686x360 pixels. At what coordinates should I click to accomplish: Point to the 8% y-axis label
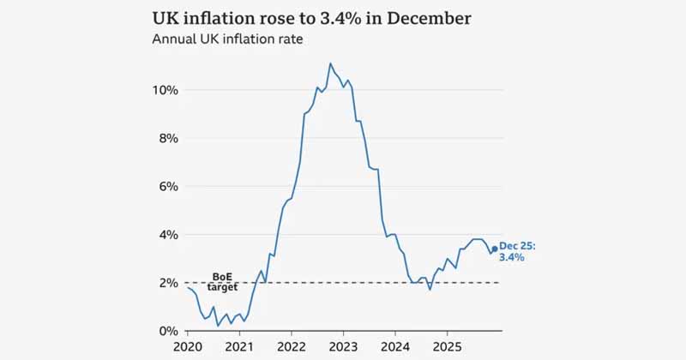pos(167,138)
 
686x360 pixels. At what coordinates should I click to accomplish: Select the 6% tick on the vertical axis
pos(167,186)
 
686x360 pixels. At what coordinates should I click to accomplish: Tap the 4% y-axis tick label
pos(167,234)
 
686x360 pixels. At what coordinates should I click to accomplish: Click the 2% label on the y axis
pos(167,282)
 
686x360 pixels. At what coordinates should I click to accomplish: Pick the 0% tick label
pos(167,331)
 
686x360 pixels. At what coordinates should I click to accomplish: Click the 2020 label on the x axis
pos(188,348)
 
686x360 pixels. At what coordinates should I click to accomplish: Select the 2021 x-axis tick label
pos(239,348)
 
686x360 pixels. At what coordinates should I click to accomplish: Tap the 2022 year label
pos(292,348)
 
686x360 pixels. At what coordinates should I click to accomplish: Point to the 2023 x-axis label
pos(343,348)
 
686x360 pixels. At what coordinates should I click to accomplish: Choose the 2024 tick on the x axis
pos(394,348)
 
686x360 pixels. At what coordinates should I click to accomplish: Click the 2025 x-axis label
pos(446,348)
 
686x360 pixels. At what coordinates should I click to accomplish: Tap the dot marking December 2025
pos(494,249)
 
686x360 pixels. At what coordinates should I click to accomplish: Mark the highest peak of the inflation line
pos(330,63)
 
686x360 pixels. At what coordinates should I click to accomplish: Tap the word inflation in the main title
pos(220,17)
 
